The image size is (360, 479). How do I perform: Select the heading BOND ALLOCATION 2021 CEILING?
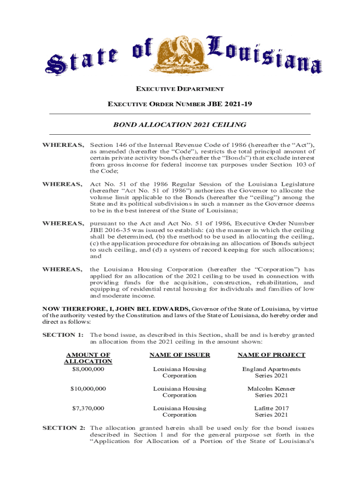point(180,125)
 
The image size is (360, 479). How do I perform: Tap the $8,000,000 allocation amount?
point(88,369)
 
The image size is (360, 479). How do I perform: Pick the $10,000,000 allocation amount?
point(88,389)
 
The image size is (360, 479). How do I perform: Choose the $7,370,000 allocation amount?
point(88,408)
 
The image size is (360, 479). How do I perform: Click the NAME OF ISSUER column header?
point(180,355)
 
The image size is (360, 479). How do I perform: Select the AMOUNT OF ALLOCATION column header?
point(88,358)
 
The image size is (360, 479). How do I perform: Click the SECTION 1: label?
point(63,335)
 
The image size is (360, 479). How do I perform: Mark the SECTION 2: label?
point(63,428)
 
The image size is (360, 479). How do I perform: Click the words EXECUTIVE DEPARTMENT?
point(180,89)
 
